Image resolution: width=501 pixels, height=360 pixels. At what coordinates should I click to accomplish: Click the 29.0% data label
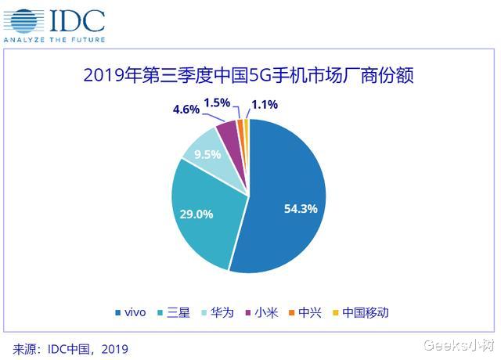197,214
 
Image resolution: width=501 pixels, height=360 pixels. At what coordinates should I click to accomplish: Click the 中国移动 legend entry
360,312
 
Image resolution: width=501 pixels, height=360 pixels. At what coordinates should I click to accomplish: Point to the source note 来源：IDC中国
70,347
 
